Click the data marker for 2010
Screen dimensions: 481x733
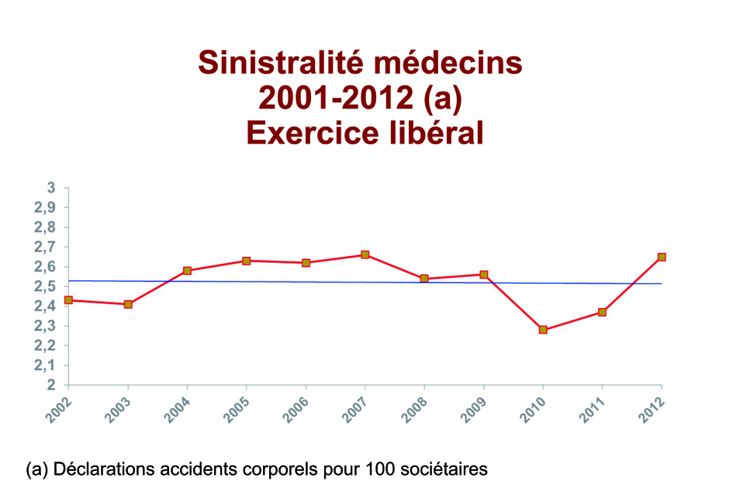(x=543, y=330)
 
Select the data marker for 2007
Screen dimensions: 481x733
(x=365, y=254)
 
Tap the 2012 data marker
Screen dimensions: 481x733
(x=662, y=257)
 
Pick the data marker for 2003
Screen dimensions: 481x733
(x=128, y=304)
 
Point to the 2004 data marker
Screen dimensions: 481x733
(x=188, y=271)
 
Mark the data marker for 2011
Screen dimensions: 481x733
(x=602, y=312)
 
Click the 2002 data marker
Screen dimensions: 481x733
(x=69, y=300)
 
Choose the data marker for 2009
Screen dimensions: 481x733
(x=484, y=275)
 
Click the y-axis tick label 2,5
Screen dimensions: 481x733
(x=47, y=286)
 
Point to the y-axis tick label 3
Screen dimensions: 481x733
(x=52, y=188)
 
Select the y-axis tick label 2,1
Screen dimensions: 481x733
(x=47, y=365)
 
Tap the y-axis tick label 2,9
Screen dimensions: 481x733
(x=47, y=208)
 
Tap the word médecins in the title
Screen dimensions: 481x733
(x=460, y=62)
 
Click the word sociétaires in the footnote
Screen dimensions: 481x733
(x=447, y=469)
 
